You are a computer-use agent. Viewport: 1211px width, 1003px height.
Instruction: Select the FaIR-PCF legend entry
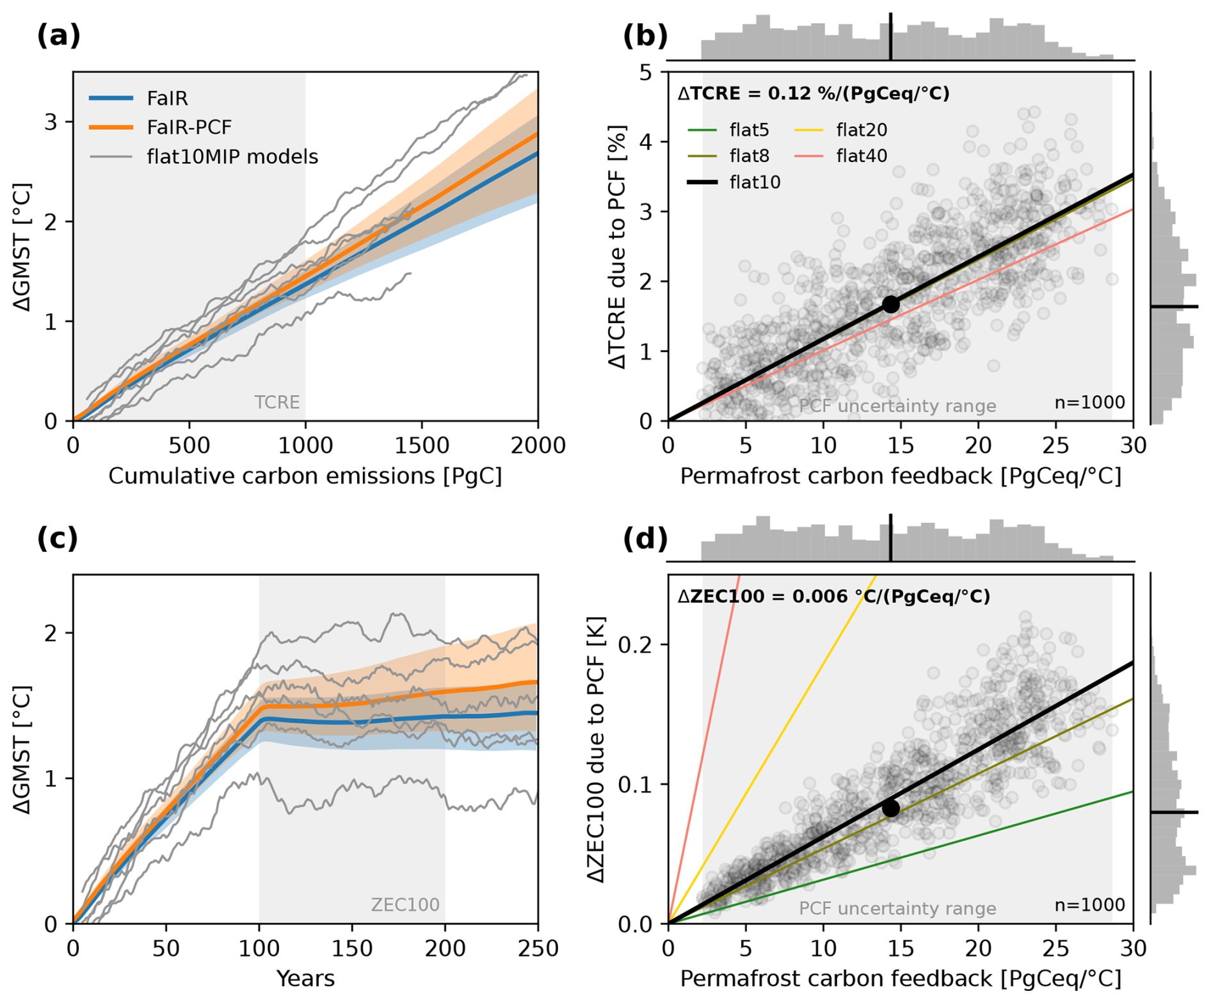(x=189, y=127)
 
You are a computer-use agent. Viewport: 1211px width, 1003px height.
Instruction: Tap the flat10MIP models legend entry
(x=232, y=157)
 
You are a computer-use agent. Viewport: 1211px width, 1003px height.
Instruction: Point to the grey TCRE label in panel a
(x=277, y=403)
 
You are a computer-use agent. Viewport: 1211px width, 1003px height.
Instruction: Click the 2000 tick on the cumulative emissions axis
(x=537, y=445)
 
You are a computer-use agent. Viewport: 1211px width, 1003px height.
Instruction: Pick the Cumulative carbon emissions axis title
(x=305, y=476)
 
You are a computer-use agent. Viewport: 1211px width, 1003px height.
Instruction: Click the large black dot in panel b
(x=890, y=304)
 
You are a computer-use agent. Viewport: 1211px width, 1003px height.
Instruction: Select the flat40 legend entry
(x=862, y=156)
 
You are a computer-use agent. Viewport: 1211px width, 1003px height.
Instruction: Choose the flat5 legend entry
(x=749, y=130)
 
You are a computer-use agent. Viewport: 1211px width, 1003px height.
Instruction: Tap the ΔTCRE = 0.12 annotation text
(x=814, y=93)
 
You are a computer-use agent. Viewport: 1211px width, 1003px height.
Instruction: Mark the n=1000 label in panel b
(x=1089, y=403)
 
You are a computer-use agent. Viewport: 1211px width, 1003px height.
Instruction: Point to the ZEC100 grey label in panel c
(x=405, y=905)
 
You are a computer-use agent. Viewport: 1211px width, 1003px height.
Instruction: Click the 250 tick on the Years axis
(x=537, y=949)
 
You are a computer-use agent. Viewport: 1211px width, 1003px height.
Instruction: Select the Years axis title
(x=305, y=979)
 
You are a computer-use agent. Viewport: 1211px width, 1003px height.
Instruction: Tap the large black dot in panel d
(x=890, y=808)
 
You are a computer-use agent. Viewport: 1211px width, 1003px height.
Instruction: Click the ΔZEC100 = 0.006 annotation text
(x=833, y=597)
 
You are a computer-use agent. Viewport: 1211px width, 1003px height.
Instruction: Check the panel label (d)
(x=645, y=539)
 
